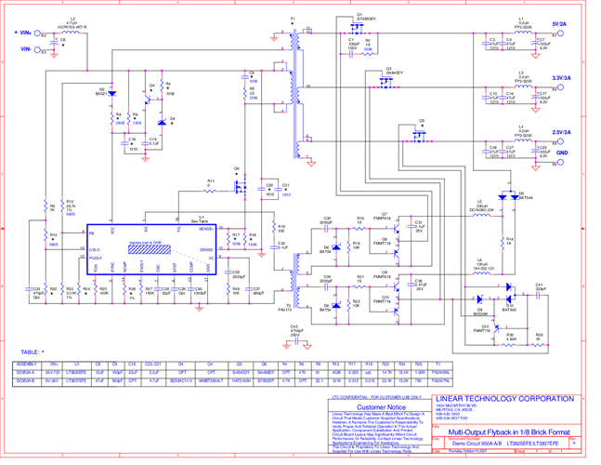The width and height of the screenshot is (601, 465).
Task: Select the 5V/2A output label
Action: tap(559, 24)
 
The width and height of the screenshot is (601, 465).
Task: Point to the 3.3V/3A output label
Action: tap(562, 78)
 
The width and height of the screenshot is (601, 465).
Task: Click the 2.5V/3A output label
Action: tap(562, 133)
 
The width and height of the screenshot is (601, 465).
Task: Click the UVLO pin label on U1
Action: tap(94, 249)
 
